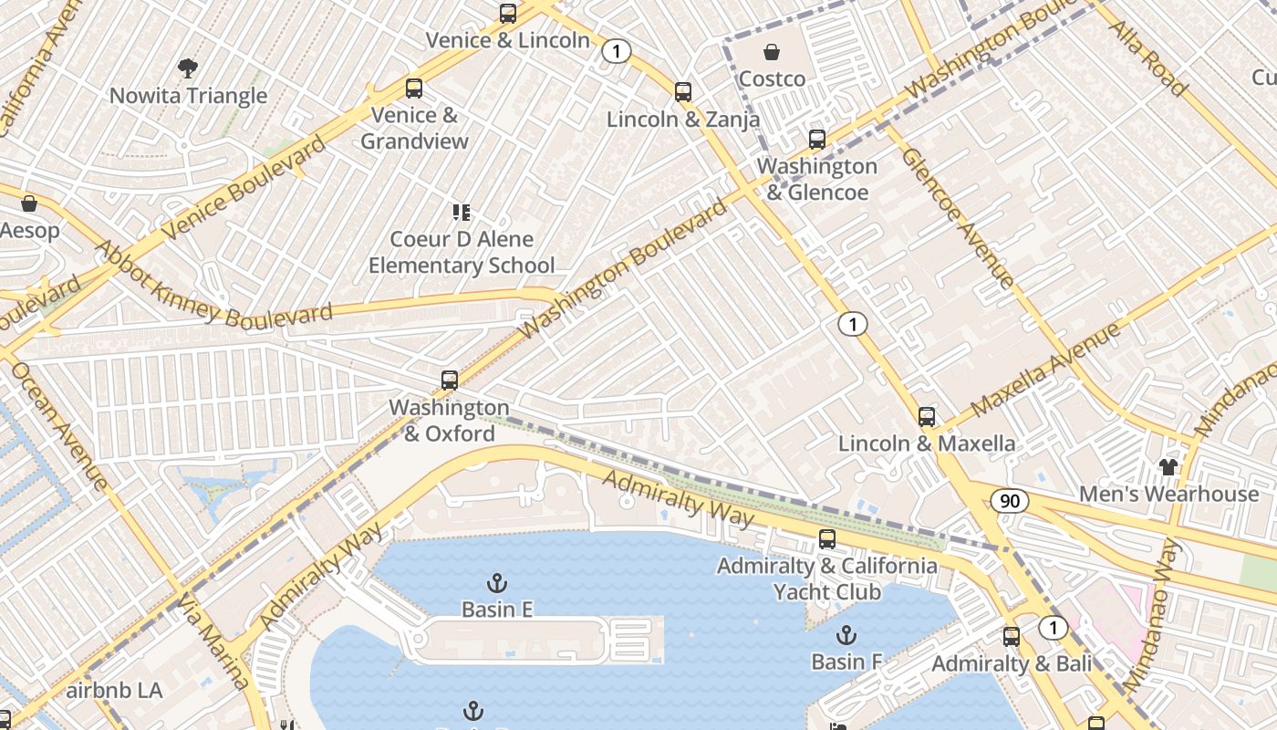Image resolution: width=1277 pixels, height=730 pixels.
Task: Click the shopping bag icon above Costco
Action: pos(772,52)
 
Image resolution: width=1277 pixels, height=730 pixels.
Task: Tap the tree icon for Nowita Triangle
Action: pos(188,68)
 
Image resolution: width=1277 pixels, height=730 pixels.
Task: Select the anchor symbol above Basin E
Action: pos(497,582)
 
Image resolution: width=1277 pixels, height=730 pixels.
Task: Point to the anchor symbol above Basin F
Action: pos(846,634)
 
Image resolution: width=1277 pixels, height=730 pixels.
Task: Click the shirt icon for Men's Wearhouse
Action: pos(1168,467)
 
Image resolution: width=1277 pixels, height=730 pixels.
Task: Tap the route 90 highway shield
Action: pos(1010,501)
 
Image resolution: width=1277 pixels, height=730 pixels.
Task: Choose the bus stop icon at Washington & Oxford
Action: pos(449,381)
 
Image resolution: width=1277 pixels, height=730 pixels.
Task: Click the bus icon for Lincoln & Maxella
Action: pos(927,417)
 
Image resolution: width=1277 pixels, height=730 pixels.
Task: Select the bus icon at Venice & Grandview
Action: pos(414,89)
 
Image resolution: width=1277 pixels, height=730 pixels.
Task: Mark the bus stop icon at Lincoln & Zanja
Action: pos(683,92)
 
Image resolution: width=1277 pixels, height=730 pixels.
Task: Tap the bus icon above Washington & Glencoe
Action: pos(817,140)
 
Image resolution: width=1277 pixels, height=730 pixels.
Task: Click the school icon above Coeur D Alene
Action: pos(462,213)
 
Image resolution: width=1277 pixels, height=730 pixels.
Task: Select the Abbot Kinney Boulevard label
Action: pos(213,286)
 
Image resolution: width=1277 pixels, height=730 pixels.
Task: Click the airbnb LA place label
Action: pos(114,690)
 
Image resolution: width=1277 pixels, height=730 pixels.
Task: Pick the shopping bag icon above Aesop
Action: pos(29,203)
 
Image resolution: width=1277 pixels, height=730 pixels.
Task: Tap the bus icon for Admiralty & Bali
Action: pos(1012,637)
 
